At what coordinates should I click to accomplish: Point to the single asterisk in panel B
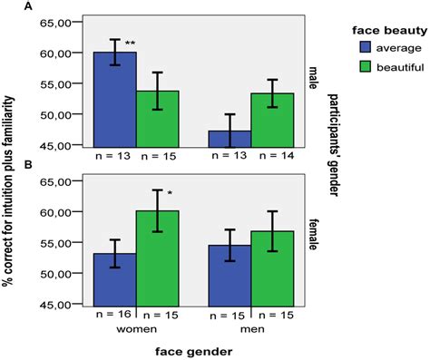(x=169, y=192)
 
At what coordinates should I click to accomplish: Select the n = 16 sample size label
(x=116, y=313)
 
